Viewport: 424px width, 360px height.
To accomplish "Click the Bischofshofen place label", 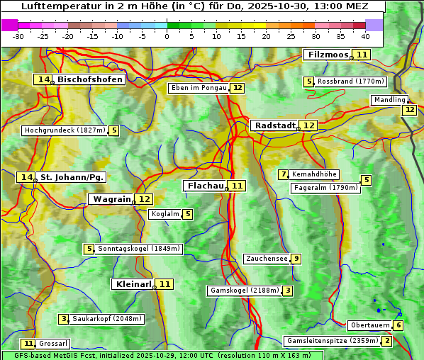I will tap(90, 80).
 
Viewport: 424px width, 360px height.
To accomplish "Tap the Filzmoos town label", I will tap(327, 55).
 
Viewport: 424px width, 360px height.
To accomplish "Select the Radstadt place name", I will tap(274, 125).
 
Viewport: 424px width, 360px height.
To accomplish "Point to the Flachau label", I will tap(205, 186).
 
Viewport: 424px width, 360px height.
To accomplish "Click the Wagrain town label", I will tap(111, 199).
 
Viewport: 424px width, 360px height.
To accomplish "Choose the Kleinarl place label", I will tap(133, 284).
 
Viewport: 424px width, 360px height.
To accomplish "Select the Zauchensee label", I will tap(267, 259).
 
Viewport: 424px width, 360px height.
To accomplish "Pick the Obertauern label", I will tap(370, 325).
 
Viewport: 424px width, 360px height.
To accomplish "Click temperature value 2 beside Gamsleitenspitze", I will tap(386, 341).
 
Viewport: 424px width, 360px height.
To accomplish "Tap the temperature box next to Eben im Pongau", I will tap(237, 88).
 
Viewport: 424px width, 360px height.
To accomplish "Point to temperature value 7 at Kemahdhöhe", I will tap(284, 174).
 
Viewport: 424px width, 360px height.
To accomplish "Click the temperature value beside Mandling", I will tap(409, 110).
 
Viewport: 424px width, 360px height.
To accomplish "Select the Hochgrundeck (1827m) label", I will tap(65, 130).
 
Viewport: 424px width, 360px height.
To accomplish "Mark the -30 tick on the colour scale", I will tap(18, 35).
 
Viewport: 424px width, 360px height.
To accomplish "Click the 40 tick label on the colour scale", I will tap(365, 35).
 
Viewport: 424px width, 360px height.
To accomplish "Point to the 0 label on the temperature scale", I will tap(167, 35).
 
